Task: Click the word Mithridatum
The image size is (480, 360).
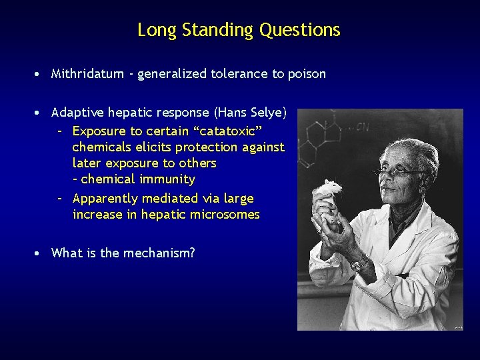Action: point(87,74)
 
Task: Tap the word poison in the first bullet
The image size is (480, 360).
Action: point(307,74)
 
